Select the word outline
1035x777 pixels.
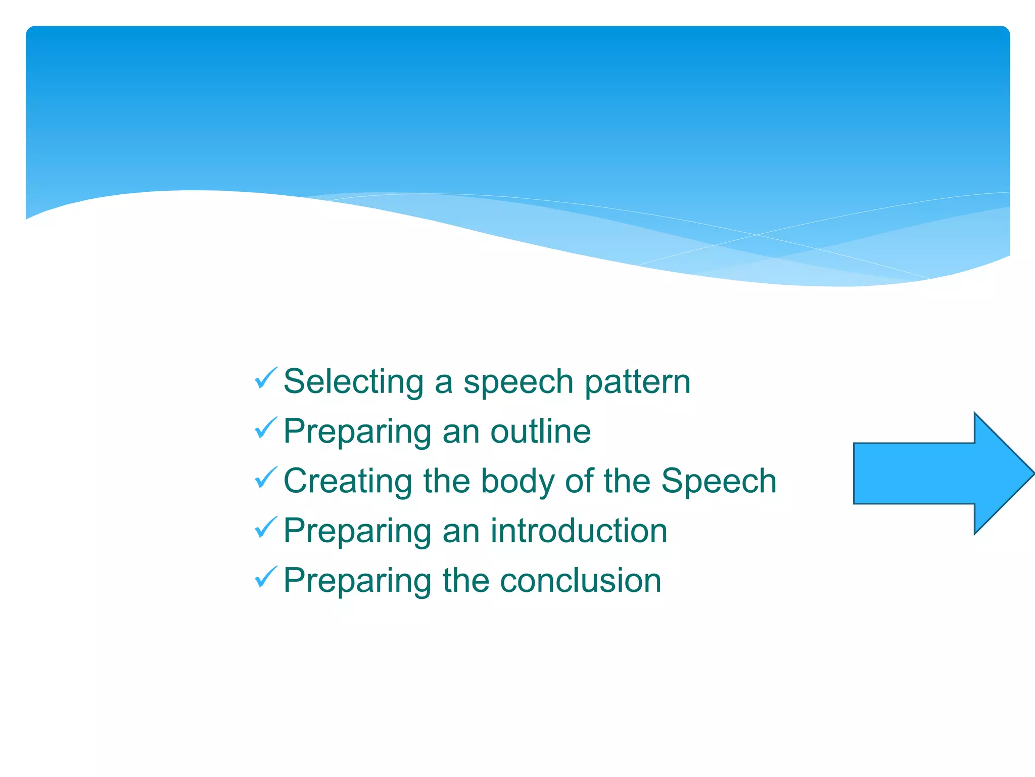pyautogui.click(x=540, y=431)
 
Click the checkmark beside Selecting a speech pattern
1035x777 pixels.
pyautogui.click(x=266, y=378)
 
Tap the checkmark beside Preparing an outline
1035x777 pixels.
pyautogui.click(x=266, y=428)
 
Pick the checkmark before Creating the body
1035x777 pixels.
pyautogui.click(x=266, y=478)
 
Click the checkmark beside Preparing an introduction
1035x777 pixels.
pyautogui.click(x=266, y=527)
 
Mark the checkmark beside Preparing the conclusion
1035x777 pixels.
pyautogui.click(x=266, y=577)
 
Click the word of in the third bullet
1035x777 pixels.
pyautogui.click(x=579, y=481)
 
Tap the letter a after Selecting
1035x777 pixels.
pyautogui.click(x=443, y=384)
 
